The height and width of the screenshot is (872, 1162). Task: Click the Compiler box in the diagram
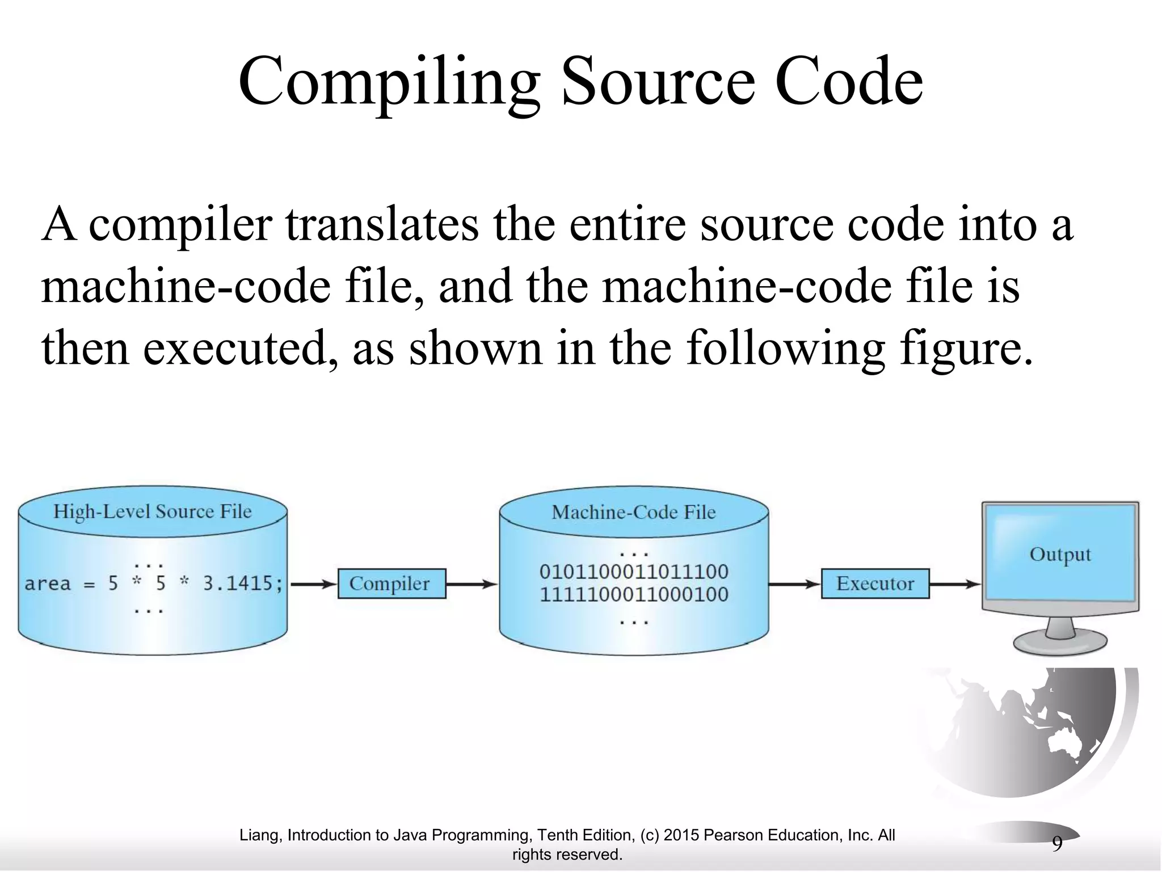pos(391,584)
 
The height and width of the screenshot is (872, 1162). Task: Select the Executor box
pos(875,584)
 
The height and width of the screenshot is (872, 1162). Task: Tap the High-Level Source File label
pos(152,512)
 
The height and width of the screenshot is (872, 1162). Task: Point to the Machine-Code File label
pos(634,513)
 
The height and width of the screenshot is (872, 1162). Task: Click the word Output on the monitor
pos(1060,555)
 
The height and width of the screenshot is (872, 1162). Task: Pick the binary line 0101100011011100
pos(634,572)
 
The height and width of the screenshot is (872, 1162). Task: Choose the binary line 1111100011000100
pos(634,594)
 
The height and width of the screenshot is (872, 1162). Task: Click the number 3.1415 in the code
pos(243,584)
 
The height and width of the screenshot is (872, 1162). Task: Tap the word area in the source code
pos(48,584)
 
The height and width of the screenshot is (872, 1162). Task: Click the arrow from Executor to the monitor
pos(955,584)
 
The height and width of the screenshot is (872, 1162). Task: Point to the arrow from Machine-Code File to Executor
pos(794,584)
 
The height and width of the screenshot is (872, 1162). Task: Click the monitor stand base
pos(1060,644)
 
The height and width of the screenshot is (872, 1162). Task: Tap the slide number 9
pos(1057,844)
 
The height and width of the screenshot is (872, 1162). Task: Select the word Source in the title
pos(658,82)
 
